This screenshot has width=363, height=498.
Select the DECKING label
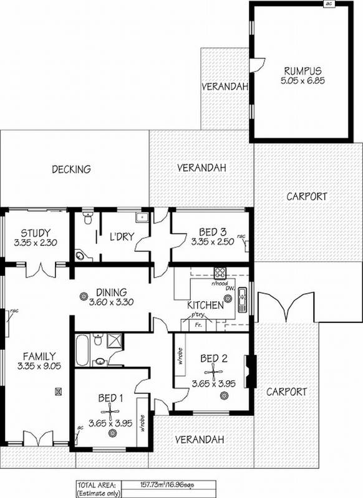pyautogui.click(x=72, y=169)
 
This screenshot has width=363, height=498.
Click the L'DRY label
pyautogui.click(x=120, y=237)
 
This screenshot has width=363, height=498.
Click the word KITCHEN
pyautogui.click(x=205, y=305)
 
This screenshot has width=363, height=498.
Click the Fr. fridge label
pyautogui.click(x=198, y=325)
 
